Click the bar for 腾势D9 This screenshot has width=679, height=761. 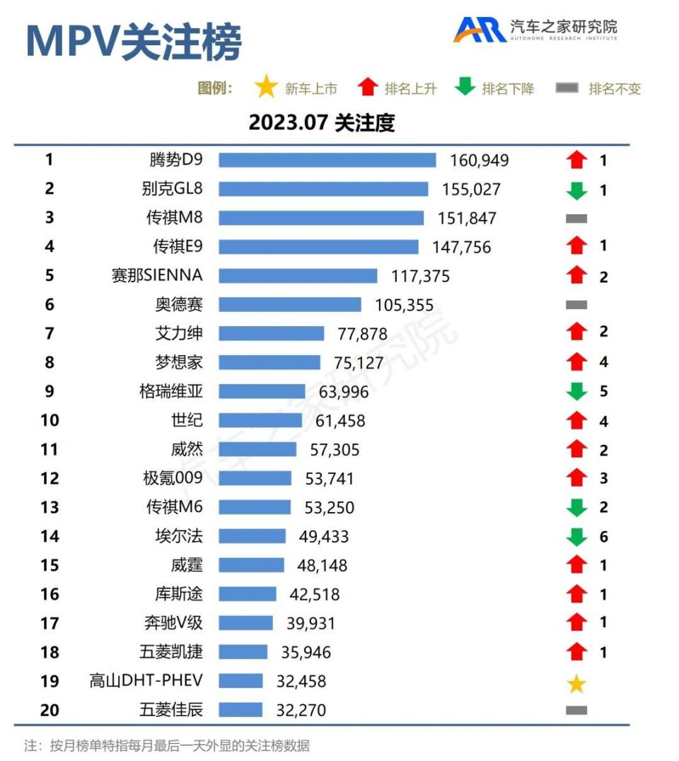(327, 161)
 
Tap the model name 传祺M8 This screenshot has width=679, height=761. (174, 218)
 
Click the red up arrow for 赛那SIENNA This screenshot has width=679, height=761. (577, 275)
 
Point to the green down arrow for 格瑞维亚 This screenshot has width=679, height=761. (577, 391)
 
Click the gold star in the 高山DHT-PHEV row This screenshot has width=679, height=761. (576, 684)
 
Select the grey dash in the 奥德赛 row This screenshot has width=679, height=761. (576, 305)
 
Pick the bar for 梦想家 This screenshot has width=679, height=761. (269, 362)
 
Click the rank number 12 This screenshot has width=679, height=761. (50, 479)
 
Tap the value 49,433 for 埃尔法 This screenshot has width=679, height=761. (324, 537)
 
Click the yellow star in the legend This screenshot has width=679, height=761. (266, 88)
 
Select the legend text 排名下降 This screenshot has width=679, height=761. (508, 89)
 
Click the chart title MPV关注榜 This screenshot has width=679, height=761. (134, 41)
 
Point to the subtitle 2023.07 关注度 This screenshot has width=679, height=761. (321, 123)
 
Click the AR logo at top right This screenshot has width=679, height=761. (479, 29)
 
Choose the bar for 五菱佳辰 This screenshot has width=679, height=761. (240, 709)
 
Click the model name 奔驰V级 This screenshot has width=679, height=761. (173, 623)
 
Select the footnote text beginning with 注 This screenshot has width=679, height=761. (167, 745)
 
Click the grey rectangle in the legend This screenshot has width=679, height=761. (567, 88)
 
